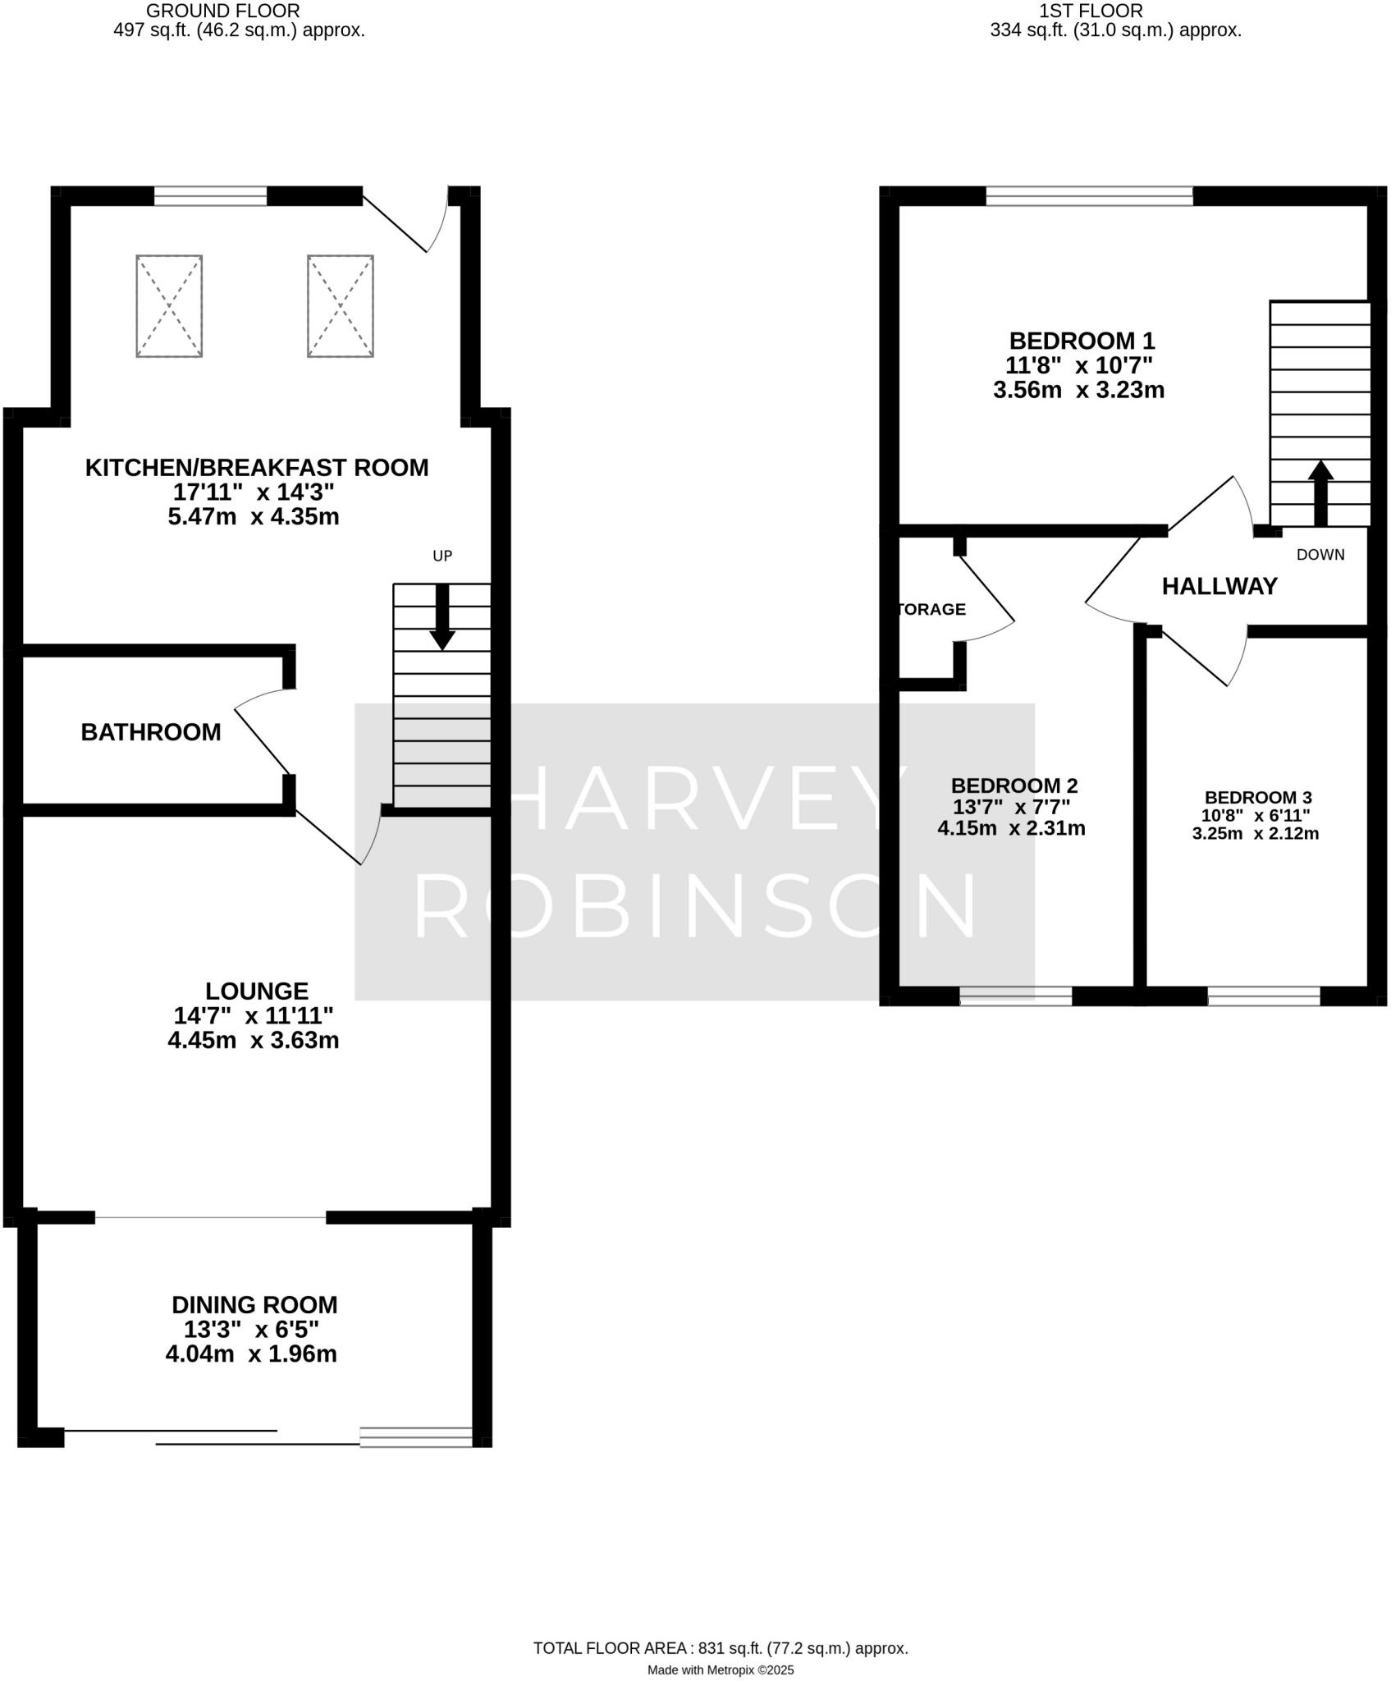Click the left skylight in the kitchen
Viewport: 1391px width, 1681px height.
(x=169, y=306)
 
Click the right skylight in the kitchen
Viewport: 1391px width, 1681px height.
(x=341, y=306)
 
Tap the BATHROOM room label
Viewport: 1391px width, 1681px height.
(x=151, y=732)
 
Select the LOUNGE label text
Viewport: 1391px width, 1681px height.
(x=256, y=991)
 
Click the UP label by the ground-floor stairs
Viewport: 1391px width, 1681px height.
(x=442, y=556)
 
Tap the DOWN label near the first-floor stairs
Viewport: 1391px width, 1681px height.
(x=1320, y=555)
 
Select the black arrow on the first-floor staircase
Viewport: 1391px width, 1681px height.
(x=1320, y=492)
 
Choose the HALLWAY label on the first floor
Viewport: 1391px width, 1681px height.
(x=1219, y=586)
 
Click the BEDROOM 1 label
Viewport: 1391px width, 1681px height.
(x=1082, y=340)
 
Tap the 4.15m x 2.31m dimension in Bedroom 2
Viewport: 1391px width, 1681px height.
(x=1011, y=828)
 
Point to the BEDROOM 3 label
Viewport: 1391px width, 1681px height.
(x=1258, y=797)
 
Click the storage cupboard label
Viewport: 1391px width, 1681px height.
(x=932, y=609)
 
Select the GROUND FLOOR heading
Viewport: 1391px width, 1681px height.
(x=222, y=11)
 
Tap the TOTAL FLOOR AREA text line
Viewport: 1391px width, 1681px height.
(x=721, y=1648)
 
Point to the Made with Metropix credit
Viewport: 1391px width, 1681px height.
(x=721, y=1670)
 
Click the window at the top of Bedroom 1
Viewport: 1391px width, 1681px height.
(x=1089, y=195)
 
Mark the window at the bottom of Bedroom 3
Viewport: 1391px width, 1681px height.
(x=1264, y=996)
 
